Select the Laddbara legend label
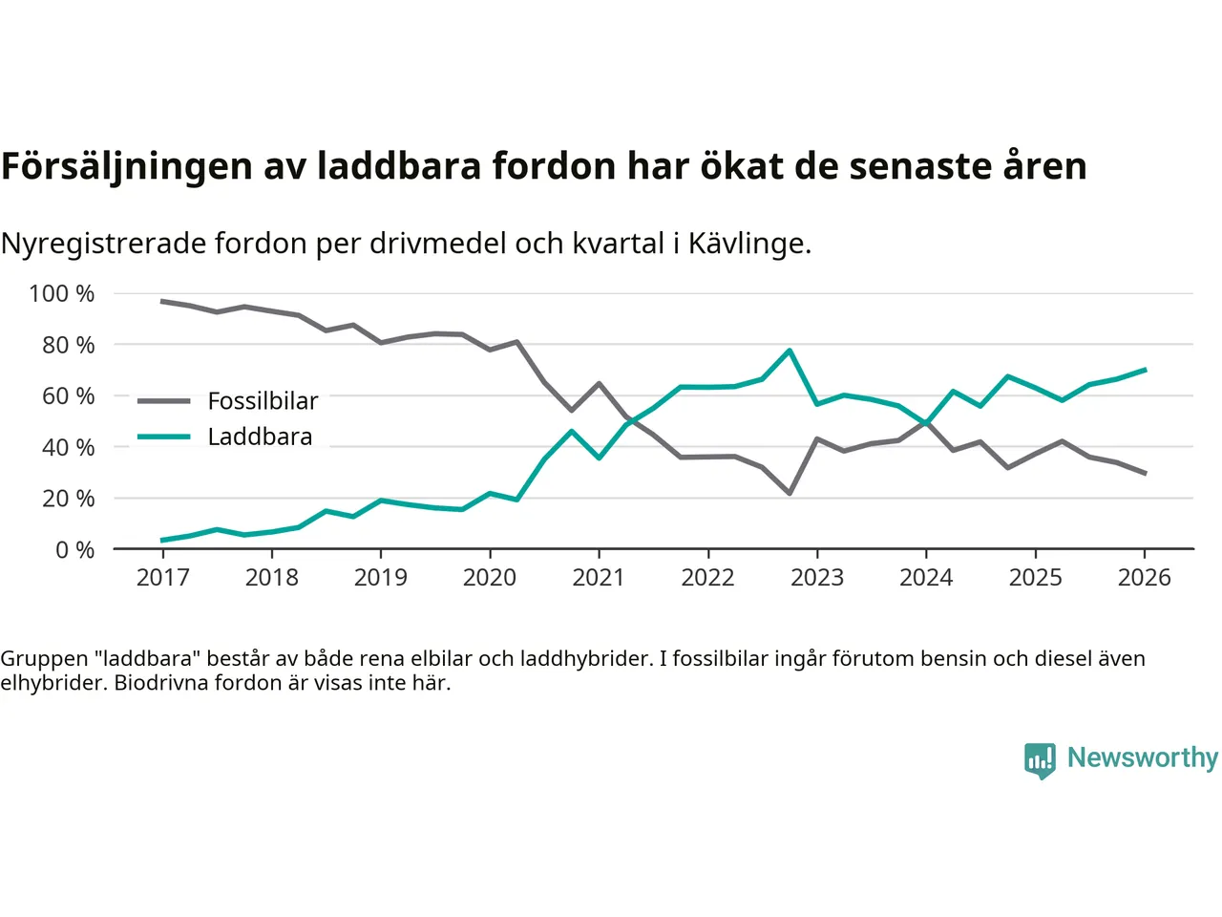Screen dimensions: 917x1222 tap(260, 437)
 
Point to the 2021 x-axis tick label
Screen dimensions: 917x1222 tap(599, 578)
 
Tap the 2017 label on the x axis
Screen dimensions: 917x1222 tap(162, 578)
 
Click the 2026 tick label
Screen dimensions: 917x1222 tap(1144, 578)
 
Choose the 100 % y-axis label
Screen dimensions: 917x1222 tap(62, 294)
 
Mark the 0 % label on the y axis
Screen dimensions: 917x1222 tap(74, 550)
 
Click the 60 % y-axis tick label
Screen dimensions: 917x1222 tap(68, 396)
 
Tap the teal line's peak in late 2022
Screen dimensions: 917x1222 tap(790, 351)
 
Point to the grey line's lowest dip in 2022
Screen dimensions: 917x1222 tap(790, 493)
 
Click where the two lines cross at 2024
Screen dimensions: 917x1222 tap(926, 421)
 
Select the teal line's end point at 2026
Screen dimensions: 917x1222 tap(1145, 370)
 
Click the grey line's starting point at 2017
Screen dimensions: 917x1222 tap(162, 302)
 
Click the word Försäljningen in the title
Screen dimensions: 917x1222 tap(127, 167)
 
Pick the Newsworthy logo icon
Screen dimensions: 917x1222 tap(1040, 760)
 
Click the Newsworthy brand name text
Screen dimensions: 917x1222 tap(1142, 757)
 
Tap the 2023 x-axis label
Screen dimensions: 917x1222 tap(817, 578)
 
